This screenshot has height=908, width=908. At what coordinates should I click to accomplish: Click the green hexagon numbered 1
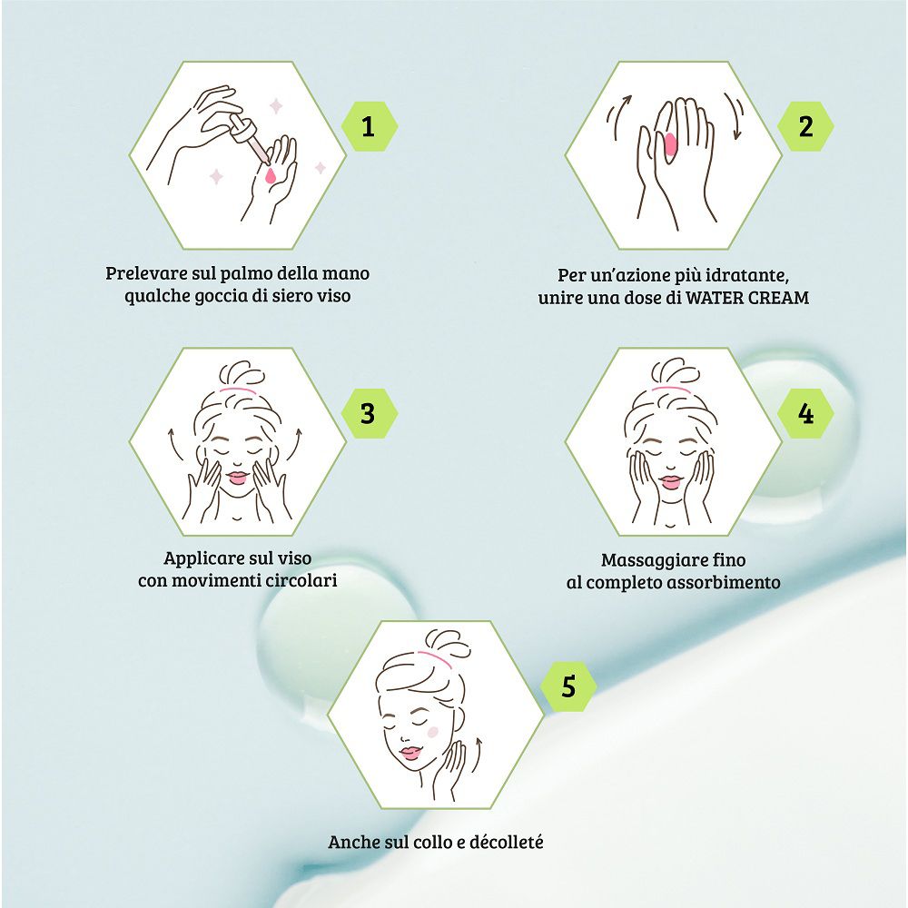[369, 126]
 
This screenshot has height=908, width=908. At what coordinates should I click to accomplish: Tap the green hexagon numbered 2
[805, 126]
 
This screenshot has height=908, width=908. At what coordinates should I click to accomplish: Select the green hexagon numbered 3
[369, 413]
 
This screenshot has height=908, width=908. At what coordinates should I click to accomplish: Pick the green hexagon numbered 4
[805, 413]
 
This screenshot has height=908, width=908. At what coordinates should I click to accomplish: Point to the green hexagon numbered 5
[568, 686]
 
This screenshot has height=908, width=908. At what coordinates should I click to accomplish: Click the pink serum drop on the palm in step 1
[270, 175]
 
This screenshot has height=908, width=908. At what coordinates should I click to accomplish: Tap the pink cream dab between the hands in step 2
[671, 144]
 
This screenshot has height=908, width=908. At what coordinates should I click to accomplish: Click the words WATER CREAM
[747, 298]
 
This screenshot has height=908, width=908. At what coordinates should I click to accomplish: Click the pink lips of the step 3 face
[237, 478]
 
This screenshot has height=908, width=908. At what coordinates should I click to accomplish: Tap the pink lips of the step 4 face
[672, 482]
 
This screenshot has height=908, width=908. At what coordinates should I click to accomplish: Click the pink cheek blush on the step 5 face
[432, 732]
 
